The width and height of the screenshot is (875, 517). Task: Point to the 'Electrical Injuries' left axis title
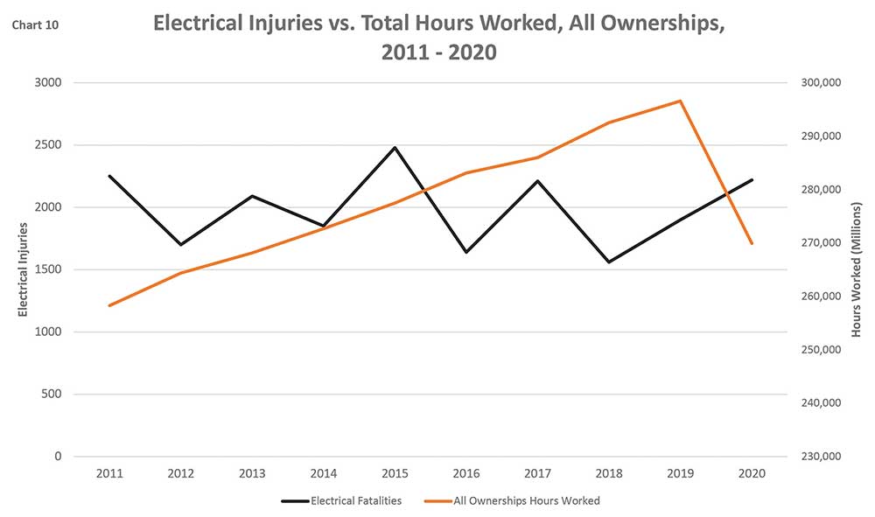click(x=24, y=269)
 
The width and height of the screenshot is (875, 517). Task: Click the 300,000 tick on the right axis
click(x=820, y=83)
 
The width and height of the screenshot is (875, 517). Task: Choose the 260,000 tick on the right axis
click(x=820, y=297)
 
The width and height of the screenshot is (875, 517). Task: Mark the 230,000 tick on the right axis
click(x=820, y=457)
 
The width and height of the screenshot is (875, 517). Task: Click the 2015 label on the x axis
click(x=395, y=474)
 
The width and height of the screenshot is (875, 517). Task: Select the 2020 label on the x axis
click(x=752, y=474)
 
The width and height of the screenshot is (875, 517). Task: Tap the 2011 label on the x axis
click(x=109, y=474)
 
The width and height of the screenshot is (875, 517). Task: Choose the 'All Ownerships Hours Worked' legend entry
click(x=527, y=501)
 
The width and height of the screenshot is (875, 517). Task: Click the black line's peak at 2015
click(x=395, y=147)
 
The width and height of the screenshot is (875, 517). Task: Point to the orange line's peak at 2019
click(x=680, y=101)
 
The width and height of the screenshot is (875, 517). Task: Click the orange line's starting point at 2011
click(x=109, y=305)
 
